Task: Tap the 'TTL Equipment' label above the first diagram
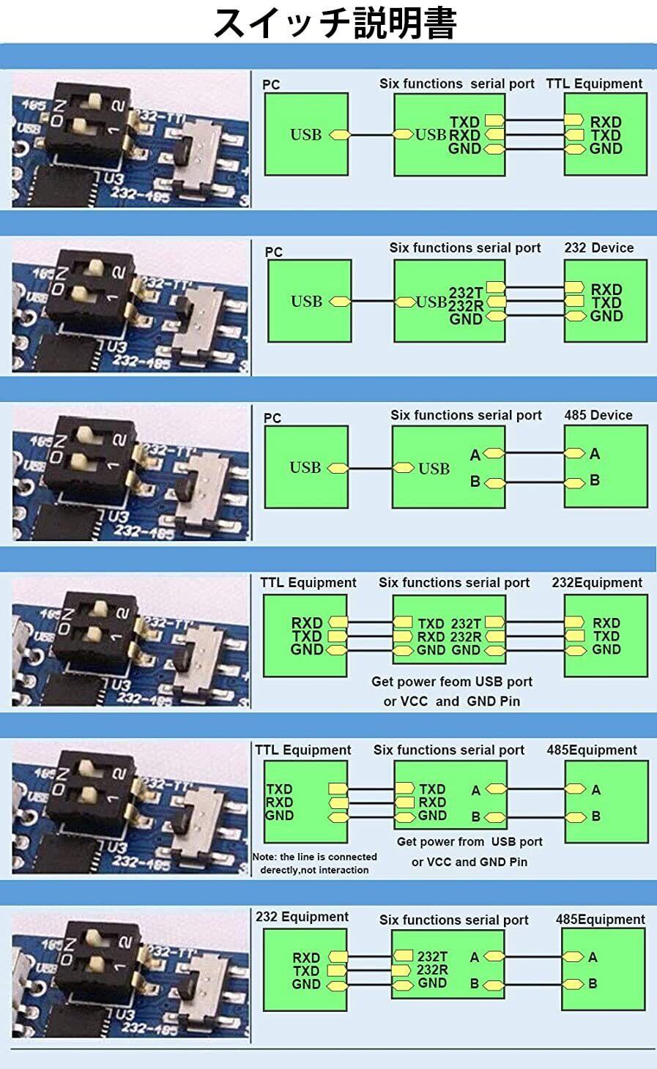pyautogui.click(x=594, y=83)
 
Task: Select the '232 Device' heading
pyautogui.click(x=598, y=247)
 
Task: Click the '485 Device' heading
pyautogui.click(x=598, y=415)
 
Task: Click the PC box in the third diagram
pyautogui.click(x=305, y=466)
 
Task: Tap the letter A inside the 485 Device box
pyautogui.click(x=595, y=454)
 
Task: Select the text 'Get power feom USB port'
pyautogui.click(x=451, y=682)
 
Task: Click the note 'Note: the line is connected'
pyautogui.click(x=314, y=857)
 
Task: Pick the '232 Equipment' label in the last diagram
pyautogui.click(x=302, y=917)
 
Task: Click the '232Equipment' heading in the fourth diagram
pyautogui.click(x=597, y=583)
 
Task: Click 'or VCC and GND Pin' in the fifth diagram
pyautogui.click(x=469, y=862)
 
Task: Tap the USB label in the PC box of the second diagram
pyautogui.click(x=306, y=301)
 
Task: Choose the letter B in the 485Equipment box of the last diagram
pyautogui.click(x=593, y=983)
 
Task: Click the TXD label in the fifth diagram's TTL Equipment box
pyautogui.click(x=279, y=789)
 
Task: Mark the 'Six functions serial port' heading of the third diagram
pyautogui.click(x=466, y=415)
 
